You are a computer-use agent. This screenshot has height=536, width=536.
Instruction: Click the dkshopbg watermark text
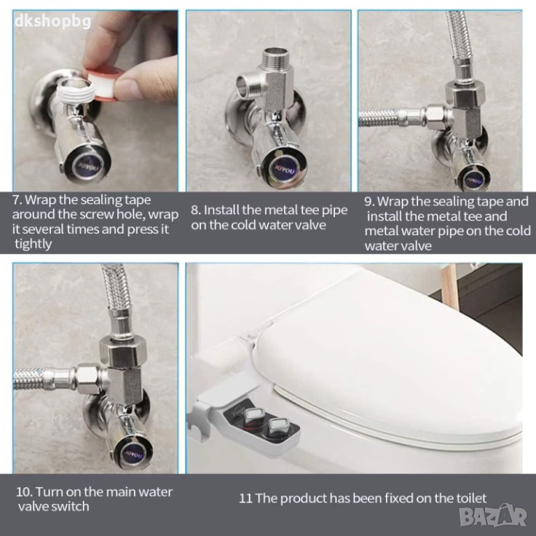click(53, 21)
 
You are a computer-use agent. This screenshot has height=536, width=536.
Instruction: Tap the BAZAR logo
click(493, 515)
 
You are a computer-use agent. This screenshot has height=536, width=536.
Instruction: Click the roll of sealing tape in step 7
click(101, 84)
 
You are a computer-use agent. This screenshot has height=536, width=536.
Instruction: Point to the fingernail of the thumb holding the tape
click(126, 89)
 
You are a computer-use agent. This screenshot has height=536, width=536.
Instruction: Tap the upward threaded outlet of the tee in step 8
click(274, 58)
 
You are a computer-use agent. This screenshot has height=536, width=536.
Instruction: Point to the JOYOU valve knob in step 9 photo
click(474, 179)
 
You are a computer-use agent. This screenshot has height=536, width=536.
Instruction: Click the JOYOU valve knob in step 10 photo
click(134, 453)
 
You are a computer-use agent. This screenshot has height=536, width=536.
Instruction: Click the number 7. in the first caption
click(17, 200)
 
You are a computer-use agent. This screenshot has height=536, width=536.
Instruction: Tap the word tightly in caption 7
click(33, 244)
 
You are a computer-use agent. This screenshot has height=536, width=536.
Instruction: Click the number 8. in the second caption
click(196, 210)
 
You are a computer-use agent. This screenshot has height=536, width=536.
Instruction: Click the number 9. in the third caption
click(369, 201)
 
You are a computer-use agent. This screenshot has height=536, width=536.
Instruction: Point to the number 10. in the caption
click(24, 492)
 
